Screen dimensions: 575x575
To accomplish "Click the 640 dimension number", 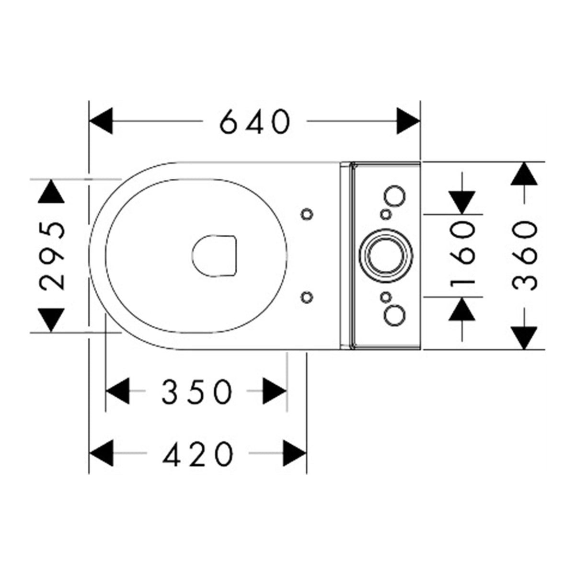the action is [x=255, y=121].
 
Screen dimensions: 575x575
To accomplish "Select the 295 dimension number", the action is [x=52, y=256].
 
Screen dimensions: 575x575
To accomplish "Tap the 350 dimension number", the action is [x=197, y=391].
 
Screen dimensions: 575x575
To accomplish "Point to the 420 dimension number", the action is [x=197, y=454].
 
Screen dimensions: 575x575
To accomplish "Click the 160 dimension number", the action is [x=462, y=255].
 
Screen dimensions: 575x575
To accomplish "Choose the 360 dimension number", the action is [x=524, y=255].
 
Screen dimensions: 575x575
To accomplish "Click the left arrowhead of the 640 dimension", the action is [x=101, y=121].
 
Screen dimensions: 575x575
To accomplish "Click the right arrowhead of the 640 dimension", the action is [x=408, y=121].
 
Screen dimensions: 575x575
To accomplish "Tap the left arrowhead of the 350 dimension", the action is [x=117, y=391].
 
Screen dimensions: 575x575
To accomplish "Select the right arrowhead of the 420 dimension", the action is [x=295, y=453].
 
